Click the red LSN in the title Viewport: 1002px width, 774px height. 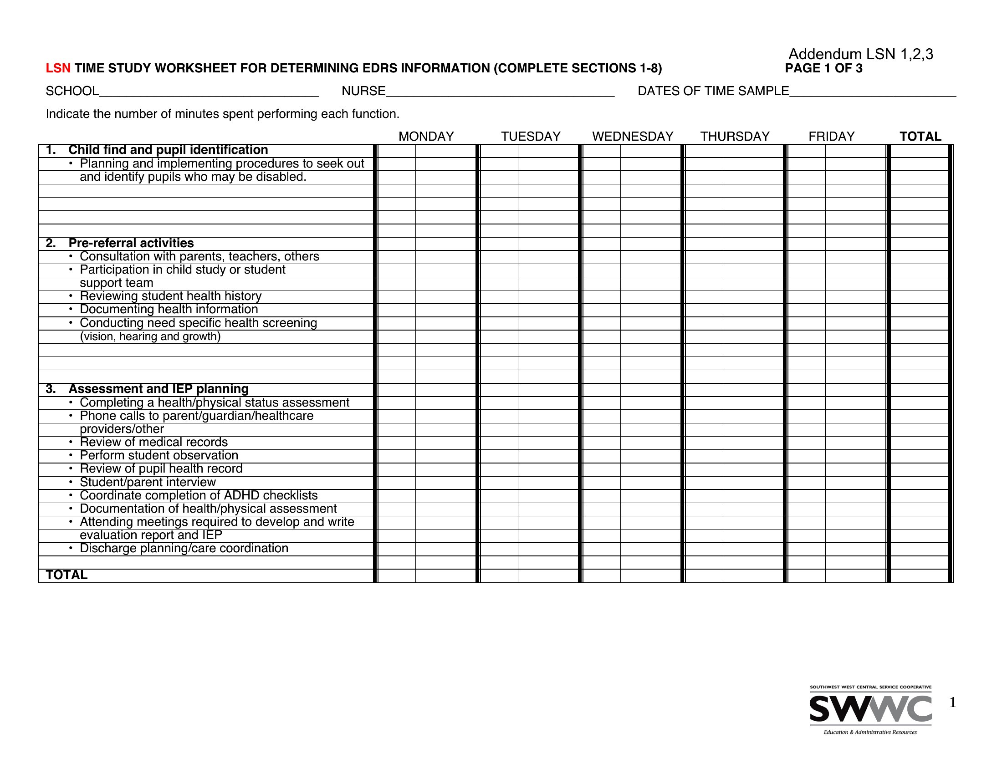[x=58, y=68]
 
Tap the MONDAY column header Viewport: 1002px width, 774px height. [x=426, y=136]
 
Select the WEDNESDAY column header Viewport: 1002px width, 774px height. [x=632, y=136]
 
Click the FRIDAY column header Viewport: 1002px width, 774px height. [x=831, y=136]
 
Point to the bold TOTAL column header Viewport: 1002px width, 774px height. [x=920, y=136]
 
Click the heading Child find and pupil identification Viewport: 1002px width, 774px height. [x=168, y=150]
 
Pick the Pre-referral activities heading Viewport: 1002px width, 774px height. [x=131, y=243]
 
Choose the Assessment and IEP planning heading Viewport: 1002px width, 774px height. [x=158, y=389]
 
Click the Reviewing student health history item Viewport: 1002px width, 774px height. [x=171, y=296]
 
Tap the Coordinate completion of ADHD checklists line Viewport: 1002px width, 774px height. [x=199, y=495]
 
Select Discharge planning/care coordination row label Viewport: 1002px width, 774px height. [x=184, y=549]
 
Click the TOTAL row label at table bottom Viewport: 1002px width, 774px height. [x=66, y=575]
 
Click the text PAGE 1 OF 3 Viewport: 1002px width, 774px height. [x=823, y=68]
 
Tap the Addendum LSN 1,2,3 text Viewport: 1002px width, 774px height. [x=861, y=54]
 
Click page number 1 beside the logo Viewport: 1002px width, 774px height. [x=952, y=703]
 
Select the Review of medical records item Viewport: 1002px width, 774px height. [x=153, y=442]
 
